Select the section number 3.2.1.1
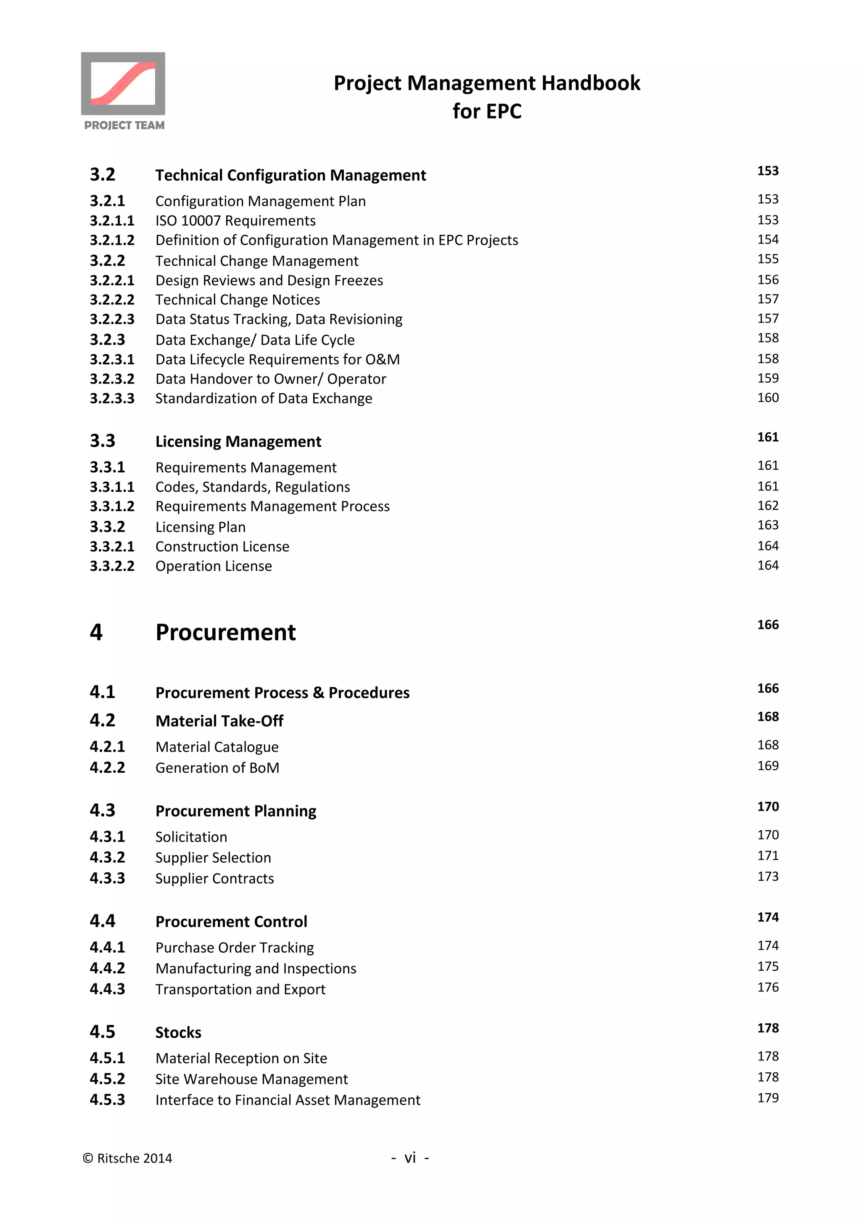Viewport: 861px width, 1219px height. (112, 220)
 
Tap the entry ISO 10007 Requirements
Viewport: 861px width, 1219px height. (235, 220)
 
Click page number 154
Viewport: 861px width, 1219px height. (767, 239)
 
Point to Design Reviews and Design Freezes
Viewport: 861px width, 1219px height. (269, 280)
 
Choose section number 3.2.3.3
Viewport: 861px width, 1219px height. (112, 398)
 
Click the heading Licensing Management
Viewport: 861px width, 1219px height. (238, 442)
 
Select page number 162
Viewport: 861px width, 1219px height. (767, 506)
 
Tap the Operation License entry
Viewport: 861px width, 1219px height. (213, 566)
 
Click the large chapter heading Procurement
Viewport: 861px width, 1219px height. (225, 632)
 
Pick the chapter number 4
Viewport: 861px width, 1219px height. (96, 632)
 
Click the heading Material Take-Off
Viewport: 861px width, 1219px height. (219, 721)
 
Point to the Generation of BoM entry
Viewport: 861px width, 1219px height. (217, 768)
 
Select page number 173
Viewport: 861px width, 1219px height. (767, 877)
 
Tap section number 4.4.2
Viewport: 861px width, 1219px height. (107, 968)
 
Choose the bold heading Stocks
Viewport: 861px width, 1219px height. (178, 1033)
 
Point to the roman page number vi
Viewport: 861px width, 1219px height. (410, 1158)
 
